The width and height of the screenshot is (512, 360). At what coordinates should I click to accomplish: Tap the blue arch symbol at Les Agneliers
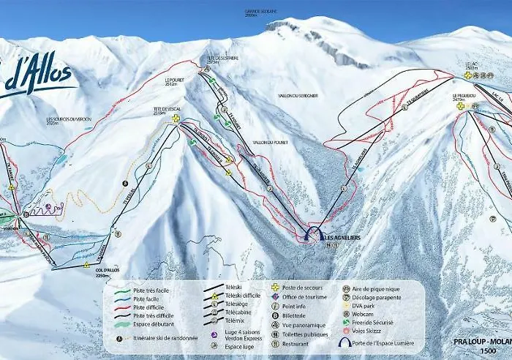[315, 234]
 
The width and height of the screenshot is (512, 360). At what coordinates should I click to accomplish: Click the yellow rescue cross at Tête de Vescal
[176, 118]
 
